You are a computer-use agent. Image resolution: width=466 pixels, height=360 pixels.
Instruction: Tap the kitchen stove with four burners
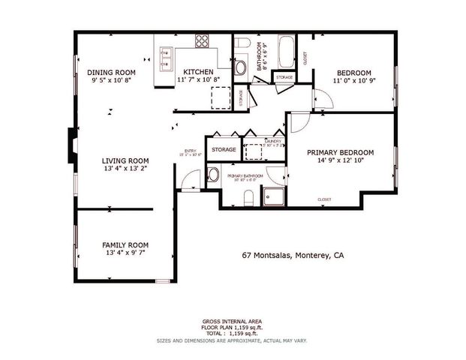(203, 42)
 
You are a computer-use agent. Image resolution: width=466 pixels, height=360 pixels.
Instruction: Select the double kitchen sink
(167, 54)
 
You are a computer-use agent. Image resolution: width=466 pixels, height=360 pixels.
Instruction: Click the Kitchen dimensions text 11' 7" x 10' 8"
(200, 79)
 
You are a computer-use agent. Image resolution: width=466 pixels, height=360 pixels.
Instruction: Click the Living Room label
(125, 160)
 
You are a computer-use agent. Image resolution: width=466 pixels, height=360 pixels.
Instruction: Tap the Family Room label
(125, 245)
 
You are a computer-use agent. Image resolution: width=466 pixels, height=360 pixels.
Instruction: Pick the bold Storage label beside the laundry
(224, 150)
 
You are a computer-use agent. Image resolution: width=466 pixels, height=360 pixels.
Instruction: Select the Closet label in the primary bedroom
(324, 199)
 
